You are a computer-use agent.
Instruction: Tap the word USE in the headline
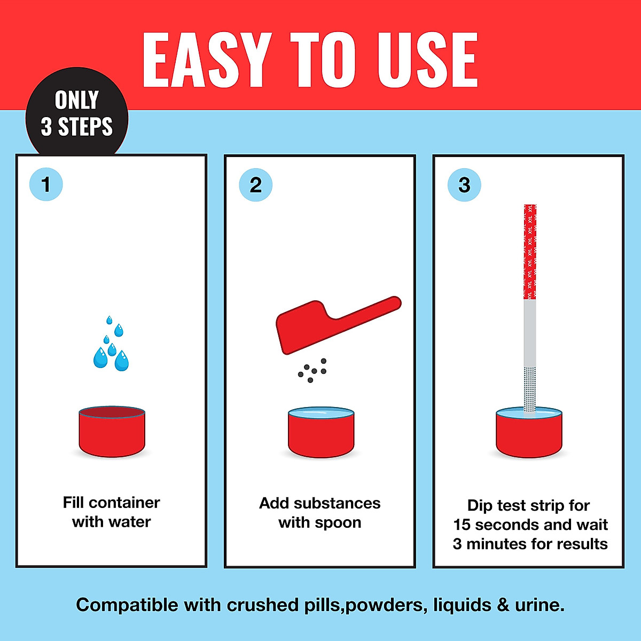click(x=427, y=60)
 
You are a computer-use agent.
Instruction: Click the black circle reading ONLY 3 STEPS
click(x=77, y=113)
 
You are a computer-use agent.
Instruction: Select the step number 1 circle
click(x=46, y=185)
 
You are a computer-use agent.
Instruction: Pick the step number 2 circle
click(x=256, y=185)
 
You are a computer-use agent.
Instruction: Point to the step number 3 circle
click(x=464, y=185)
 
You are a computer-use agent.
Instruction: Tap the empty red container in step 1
click(x=112, y=433)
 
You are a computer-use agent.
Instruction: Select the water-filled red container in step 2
click(x=321, y=434)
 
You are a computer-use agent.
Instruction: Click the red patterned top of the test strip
click(x=530, y=251)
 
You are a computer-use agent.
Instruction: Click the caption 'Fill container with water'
click(x=111, y=512)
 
